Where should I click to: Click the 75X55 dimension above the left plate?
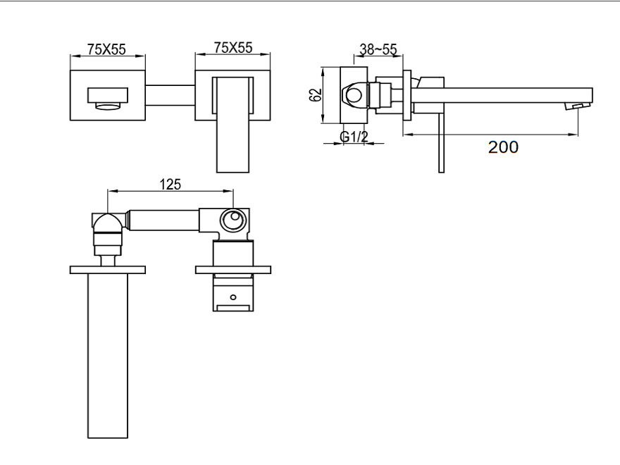[x=106, y=48]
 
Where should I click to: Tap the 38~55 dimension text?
[x=378, y=49]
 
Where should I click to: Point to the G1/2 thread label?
[x=354, y=137]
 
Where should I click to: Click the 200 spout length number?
[x=504, y=147]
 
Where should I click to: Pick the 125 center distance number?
[x=170, y=184]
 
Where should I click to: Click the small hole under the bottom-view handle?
[x=233, y=297]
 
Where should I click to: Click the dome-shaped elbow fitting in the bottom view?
[x=107, y=224]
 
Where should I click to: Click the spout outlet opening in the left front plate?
[x=107, y=97]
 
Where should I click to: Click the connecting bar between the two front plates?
[x=170, y=95]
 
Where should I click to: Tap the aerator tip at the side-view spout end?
[x=581, y=106]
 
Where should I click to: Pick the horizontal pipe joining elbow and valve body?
[x=163, y=219]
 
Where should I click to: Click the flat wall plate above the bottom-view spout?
[x=107, y=269]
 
